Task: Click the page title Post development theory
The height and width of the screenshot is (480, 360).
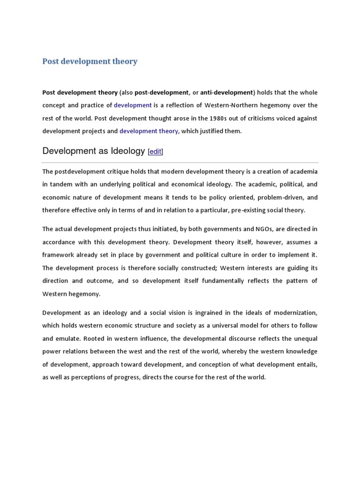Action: point(90,61)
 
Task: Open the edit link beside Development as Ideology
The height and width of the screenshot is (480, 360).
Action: point(155,151)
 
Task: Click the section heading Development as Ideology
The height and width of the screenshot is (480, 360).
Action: point(94,151)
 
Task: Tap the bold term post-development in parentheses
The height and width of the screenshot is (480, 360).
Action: point(161,92)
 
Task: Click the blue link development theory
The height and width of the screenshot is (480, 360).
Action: point(149,131)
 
